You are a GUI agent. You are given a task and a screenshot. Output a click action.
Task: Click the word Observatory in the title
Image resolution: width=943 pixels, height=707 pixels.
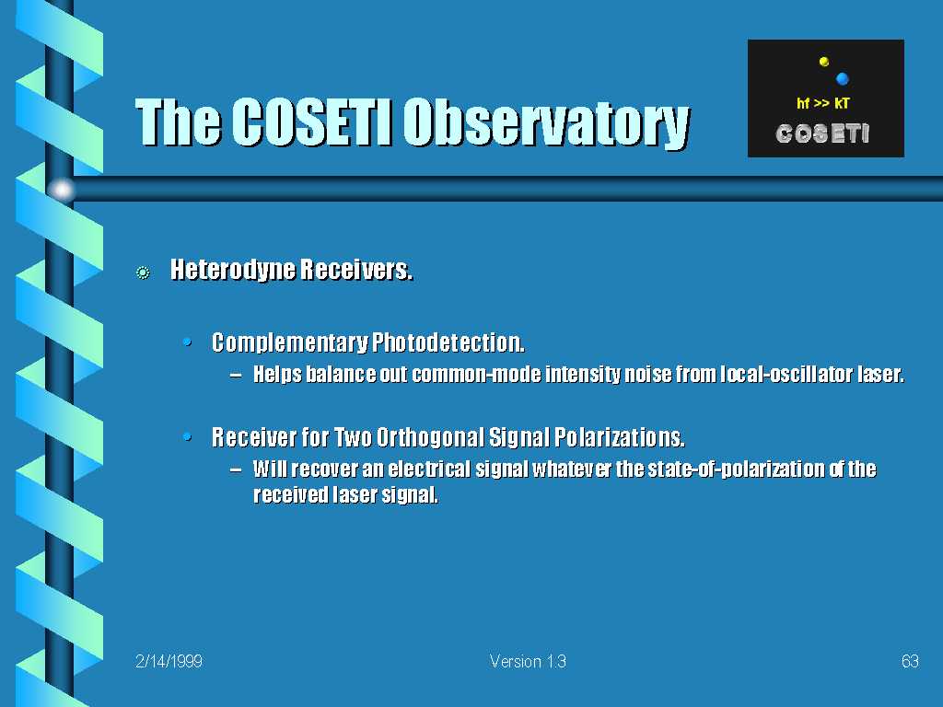pos(546,123)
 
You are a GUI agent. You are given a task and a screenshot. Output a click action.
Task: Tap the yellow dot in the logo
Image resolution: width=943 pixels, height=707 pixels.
pos(824,62)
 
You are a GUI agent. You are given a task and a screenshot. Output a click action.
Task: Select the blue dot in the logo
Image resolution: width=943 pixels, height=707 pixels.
pos(842,78)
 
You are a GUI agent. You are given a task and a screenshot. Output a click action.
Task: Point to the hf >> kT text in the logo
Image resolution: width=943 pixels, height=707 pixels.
pos(822,103)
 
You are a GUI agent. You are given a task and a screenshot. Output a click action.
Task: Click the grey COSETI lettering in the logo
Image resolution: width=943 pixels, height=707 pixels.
pos(822,133)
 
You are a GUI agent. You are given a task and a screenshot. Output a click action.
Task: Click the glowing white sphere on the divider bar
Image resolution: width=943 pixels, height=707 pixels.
pos(62,190)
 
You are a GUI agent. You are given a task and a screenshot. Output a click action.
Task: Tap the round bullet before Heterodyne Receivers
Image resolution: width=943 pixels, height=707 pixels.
pos(143,272)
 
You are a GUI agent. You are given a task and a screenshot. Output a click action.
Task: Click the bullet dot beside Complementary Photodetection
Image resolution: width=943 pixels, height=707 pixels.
pos(188,342)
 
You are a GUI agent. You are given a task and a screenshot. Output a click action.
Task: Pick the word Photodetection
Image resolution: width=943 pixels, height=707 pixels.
pos(448,342)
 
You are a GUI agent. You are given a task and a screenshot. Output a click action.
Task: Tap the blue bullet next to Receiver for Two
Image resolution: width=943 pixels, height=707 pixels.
pos(188,436)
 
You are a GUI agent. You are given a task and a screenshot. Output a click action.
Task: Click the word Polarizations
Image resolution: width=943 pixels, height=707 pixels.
pos(620,437)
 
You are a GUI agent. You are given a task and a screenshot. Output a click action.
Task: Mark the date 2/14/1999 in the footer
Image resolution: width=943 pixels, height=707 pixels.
pos(169,661)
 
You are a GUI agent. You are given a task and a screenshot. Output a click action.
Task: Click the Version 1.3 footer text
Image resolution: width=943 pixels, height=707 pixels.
pos(528,661)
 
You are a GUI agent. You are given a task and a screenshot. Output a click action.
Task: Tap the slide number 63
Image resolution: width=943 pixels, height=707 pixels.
pos(910,661)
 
